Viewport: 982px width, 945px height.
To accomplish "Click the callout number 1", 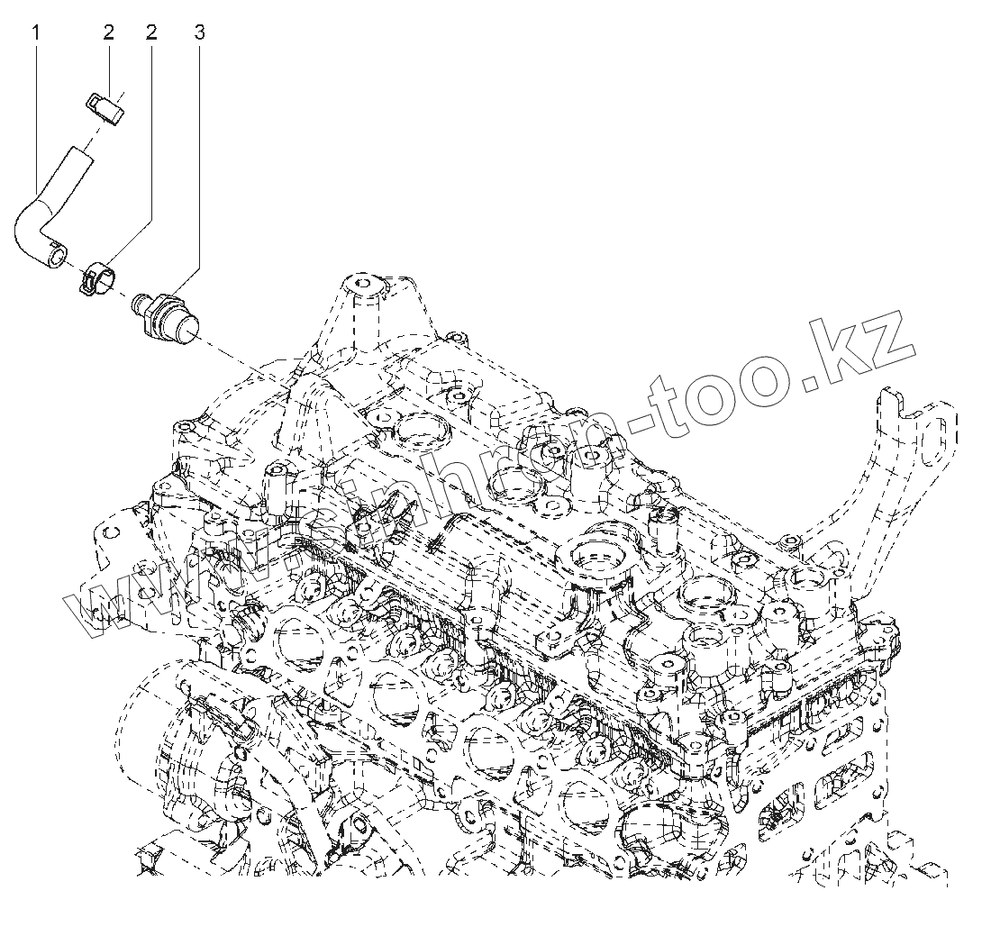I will (x=36, y=32).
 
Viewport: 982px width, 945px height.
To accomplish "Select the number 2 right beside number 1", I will (x=109, y=32).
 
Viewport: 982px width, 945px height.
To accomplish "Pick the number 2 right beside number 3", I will (x=151, y=32).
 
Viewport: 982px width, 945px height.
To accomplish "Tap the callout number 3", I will (x=199, y=32).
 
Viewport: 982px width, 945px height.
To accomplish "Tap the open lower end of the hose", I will (x=57, y=259).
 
